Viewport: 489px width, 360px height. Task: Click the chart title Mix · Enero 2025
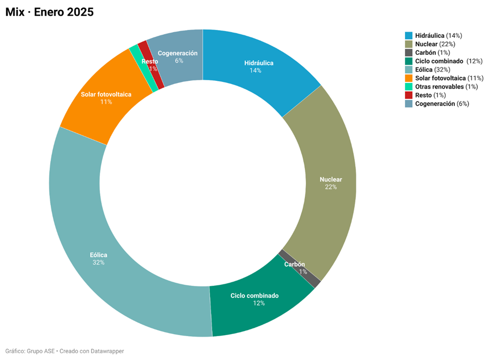click(49, 12)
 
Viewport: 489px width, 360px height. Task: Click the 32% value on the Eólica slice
click(98, 263)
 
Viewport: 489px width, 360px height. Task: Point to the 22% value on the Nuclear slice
click(331, 187)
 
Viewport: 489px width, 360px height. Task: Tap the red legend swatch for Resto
click(409, 95)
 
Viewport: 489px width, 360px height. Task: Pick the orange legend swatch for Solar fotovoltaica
click(409, 78)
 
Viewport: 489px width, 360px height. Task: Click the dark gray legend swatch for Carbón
click(409, 53)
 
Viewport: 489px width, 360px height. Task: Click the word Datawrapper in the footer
click(107, 351)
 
